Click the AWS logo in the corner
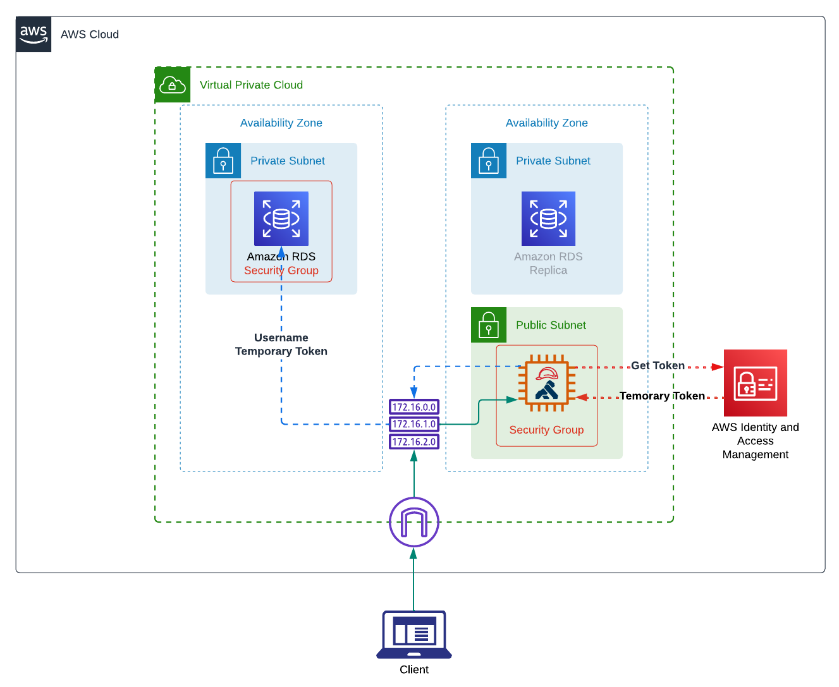[x=34, y=34]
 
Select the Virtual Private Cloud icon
[x=173, y=85]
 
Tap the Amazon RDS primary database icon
[x=281, y=219]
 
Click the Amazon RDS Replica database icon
[x=548, y=219]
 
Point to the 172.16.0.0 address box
[x=414, y=407]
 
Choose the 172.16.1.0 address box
[x=414, y=424]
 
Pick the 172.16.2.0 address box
[x=414, y=442]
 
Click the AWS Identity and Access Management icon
[x=755, y=383]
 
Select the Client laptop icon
[x=414, y=635]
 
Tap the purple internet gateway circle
[x=414, y=523]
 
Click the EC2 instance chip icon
[x=547, y=383]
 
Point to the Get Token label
[x=658, y=365]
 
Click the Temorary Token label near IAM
[x=662, y=396]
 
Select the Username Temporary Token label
[x=281, y=344]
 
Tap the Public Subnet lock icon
[x=489, y=325]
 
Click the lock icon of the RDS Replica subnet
[x=489, y=161]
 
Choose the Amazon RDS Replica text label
[x=548, y=264]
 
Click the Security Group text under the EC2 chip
[x=546, y=430]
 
